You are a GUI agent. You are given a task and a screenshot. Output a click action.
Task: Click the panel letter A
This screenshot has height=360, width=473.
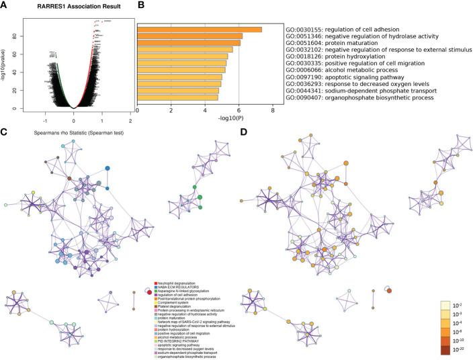(x=5, y=7)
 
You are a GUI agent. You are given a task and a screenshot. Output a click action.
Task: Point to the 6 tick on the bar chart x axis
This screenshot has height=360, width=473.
(x=239, y=110)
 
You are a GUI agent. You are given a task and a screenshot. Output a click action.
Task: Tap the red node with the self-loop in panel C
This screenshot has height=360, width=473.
(x=148, y=291)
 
